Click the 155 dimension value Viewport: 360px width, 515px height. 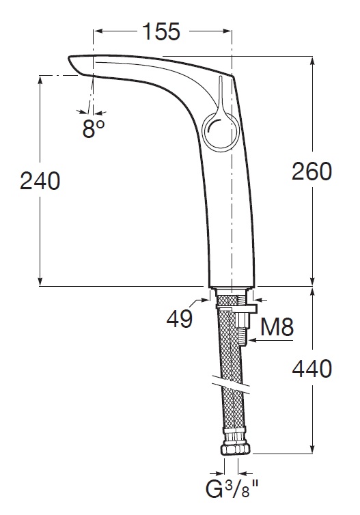point(162,31)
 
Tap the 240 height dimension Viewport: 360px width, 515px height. point(40,181)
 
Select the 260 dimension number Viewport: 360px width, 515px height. point(312,171)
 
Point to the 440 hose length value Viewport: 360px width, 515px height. point(312,369)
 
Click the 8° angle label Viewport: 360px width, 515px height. point(93,128)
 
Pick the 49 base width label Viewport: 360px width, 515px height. point(180,318)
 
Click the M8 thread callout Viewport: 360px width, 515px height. point(277,326)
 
